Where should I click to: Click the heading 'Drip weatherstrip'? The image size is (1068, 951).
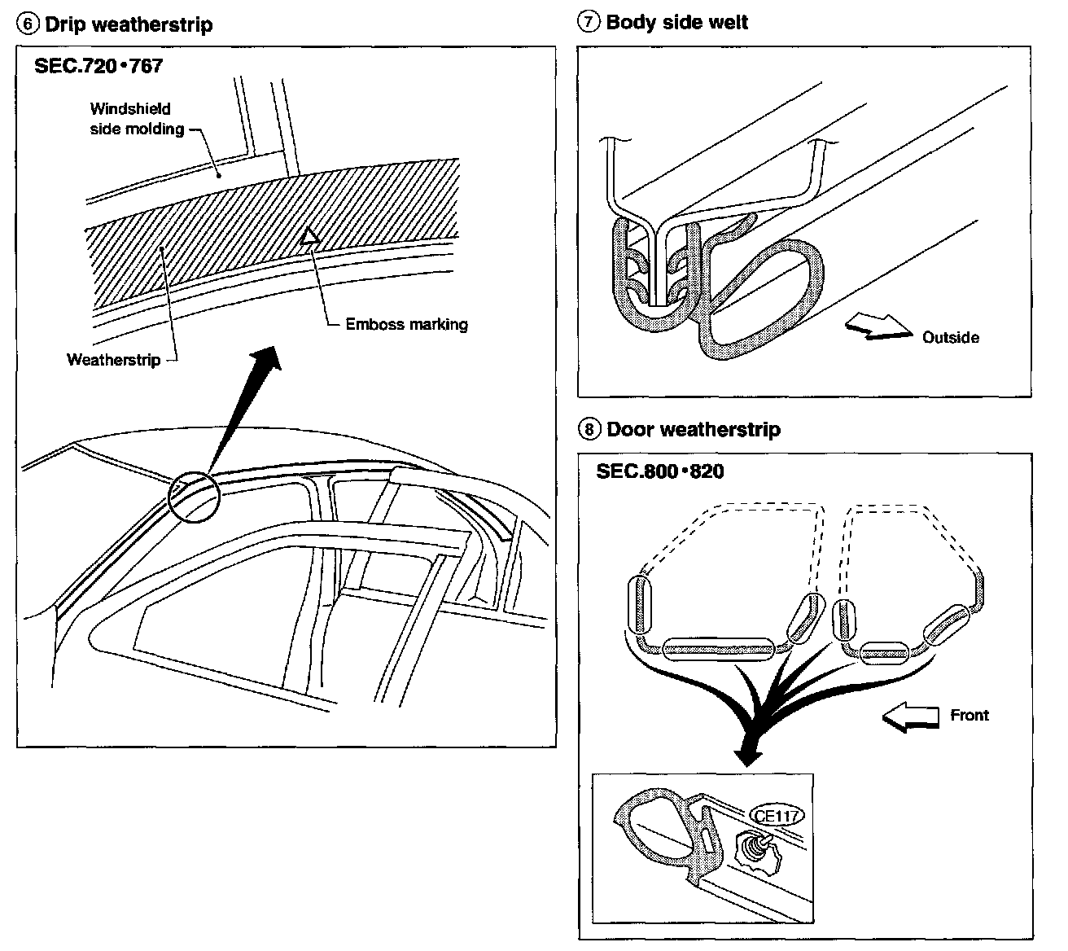(129, 24)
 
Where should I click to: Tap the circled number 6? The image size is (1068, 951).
(29, 24)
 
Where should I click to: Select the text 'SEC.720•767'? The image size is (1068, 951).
(98, 66)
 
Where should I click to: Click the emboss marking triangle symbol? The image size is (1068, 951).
(309, 236)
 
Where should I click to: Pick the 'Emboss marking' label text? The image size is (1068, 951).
(406, 324)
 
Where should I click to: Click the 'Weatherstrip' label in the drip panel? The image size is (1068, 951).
(113, 359)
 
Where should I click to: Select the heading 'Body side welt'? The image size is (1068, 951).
(676, 22)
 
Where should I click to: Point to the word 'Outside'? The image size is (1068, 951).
(950, 337)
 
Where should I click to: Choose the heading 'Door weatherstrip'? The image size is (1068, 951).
(693, 429)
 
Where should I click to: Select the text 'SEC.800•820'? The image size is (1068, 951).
(659, 471)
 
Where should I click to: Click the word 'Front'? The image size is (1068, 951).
(970, 715)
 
